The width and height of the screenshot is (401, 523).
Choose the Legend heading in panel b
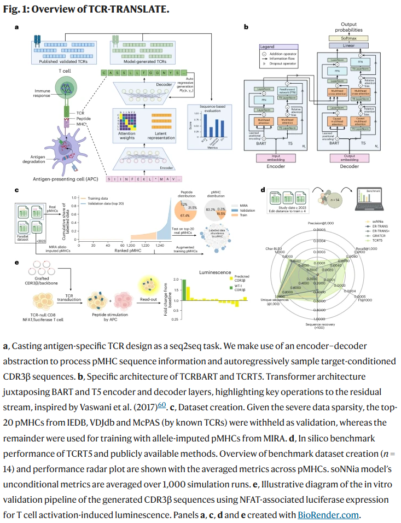click(x=268, y=49)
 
